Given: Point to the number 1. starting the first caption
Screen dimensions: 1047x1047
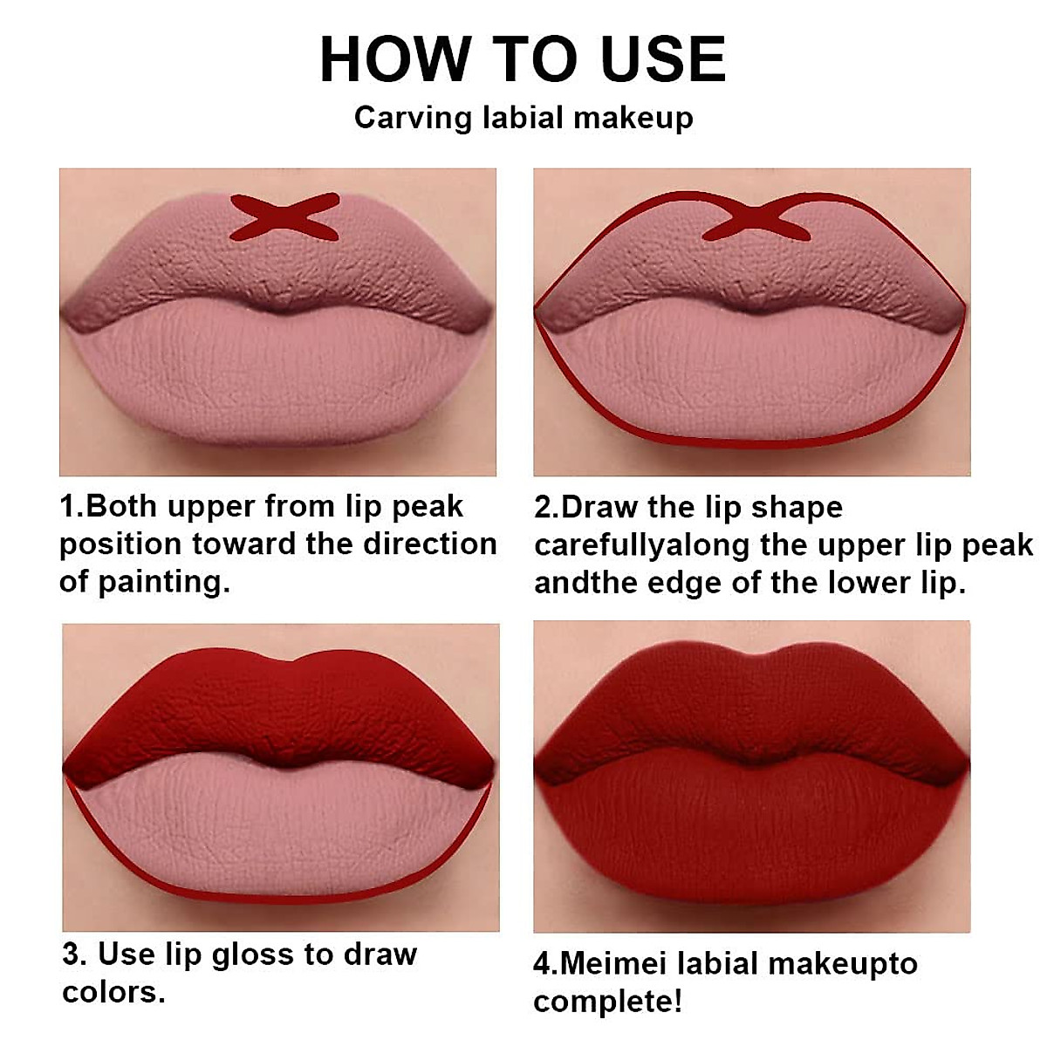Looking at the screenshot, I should click(x=72, y=507).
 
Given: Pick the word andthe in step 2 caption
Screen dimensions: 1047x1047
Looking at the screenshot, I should click(x=577, y=583).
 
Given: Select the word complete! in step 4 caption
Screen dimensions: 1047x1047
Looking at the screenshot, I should click(x=607, y=1002).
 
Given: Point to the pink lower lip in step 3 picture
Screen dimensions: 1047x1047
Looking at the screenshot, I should click(x=279, y=829).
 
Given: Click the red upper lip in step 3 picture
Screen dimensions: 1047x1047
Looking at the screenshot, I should click(x=279, y=707).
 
